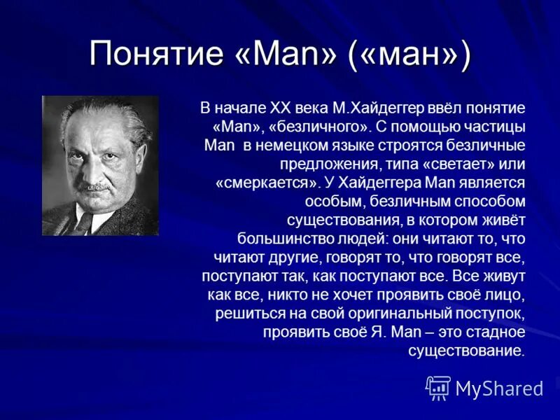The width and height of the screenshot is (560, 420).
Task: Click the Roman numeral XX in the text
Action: pyautogui.click(x=269, y=108)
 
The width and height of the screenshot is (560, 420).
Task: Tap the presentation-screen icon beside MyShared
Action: pyautogui.click(x=438, y=388)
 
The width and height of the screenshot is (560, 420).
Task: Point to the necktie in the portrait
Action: pyautogui.click(x=84, y=222)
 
